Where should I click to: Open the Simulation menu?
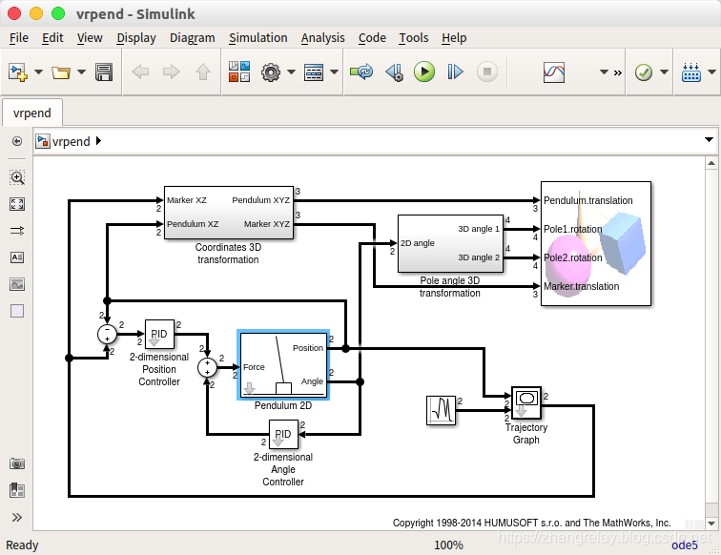257,38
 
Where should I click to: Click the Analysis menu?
322,38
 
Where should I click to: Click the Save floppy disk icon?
105,72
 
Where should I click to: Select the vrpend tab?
31,113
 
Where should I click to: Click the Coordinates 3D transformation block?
228,213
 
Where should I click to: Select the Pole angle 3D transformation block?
449,244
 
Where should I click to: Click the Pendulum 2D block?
283,364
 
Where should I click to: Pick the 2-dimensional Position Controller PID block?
159,335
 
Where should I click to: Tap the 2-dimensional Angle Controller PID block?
283,435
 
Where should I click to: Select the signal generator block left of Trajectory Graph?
441,410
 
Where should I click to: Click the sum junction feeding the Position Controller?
107,334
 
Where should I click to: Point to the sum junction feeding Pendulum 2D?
207,367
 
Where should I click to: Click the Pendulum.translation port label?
587,200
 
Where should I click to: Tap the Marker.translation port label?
581,286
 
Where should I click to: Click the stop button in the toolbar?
486,72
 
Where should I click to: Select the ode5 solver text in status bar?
685,545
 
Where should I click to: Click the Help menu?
454,38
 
